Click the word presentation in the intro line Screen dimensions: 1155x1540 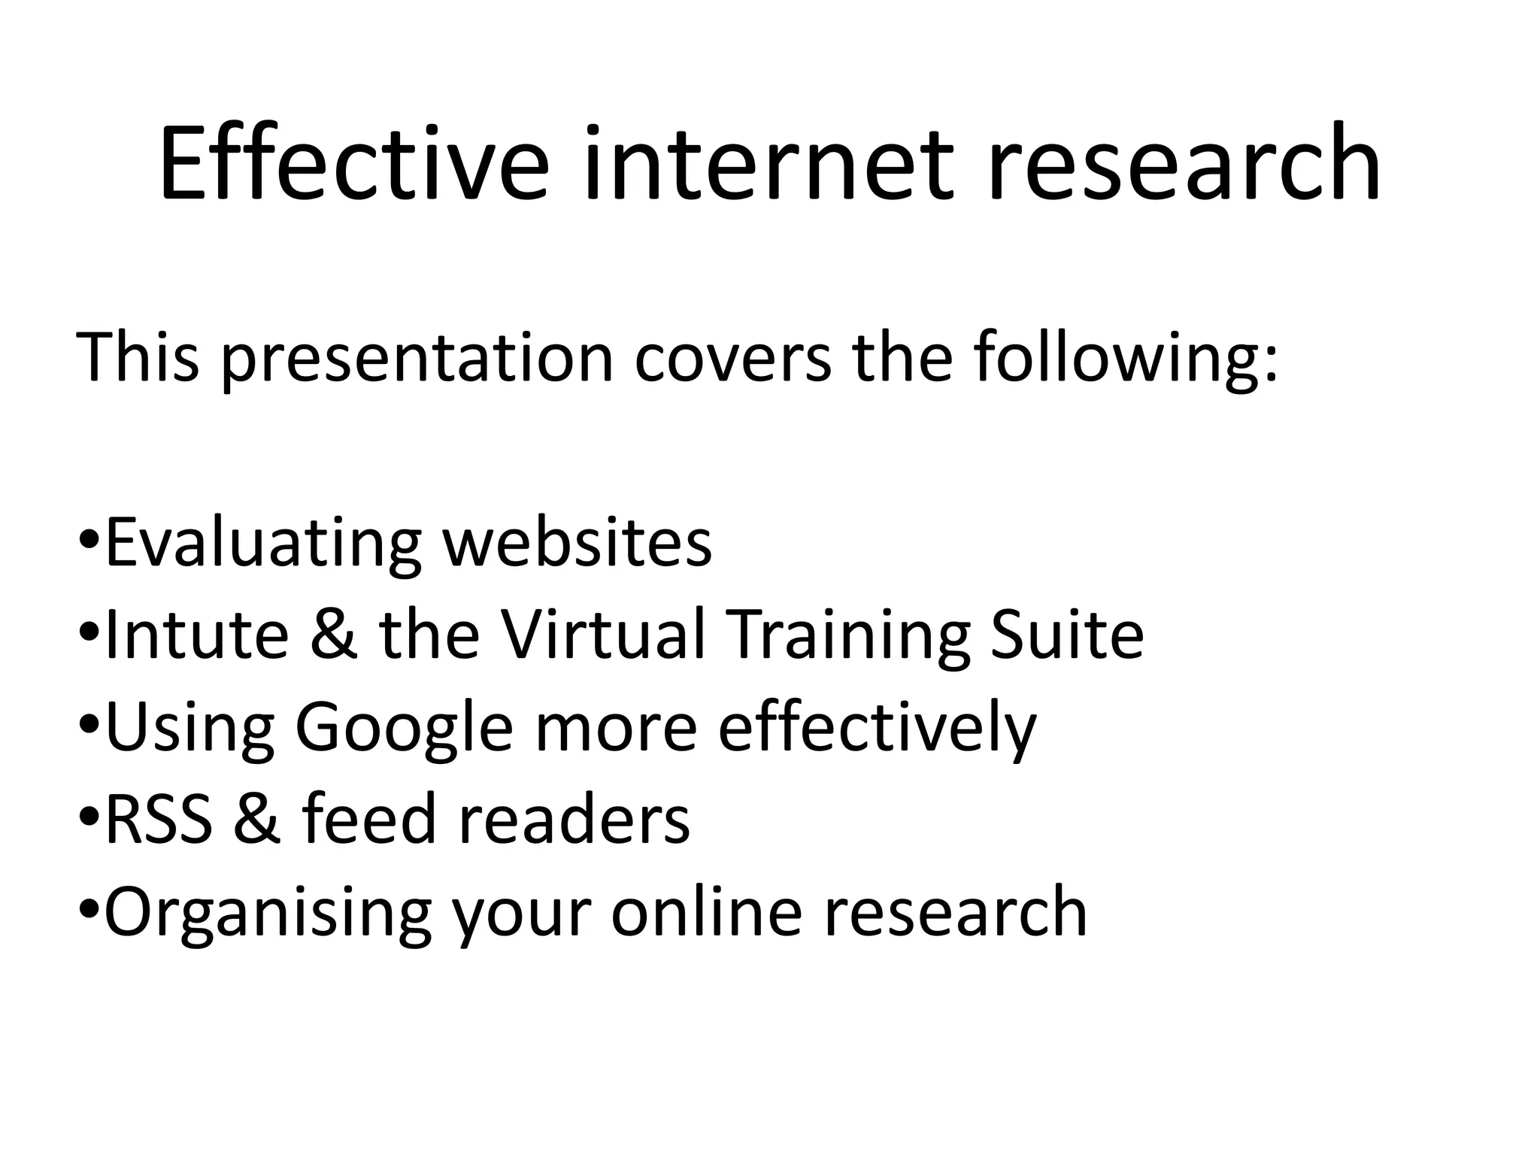coord(417,358)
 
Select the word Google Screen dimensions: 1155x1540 coord(404,728)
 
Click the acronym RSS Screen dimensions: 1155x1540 coord(159,819)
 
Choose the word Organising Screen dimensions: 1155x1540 coord(268,913)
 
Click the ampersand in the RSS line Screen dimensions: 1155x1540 coord(258,819)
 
